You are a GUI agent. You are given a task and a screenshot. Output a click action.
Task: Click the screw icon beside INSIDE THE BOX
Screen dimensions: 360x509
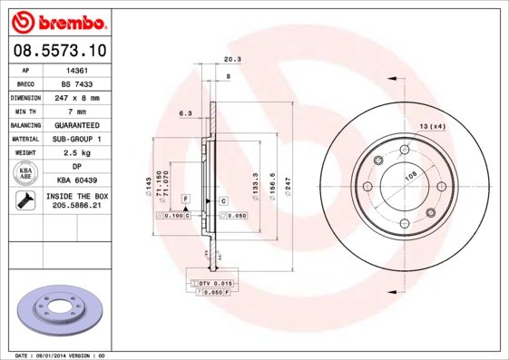(x=25, y=200)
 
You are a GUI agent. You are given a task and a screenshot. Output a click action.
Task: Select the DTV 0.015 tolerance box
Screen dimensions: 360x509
(x=216, y=284)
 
